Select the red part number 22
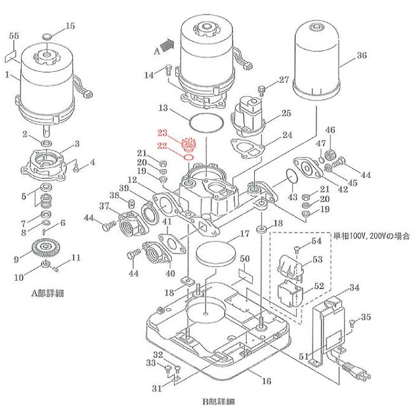coord(162,146)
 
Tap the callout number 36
coord(361,56)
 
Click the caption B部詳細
coord(218,401)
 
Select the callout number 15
coord(70,25)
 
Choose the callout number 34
coord(354,288)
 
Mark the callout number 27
coord(283,80)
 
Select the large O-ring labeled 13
coord(206,120)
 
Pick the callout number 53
coord(316,260)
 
